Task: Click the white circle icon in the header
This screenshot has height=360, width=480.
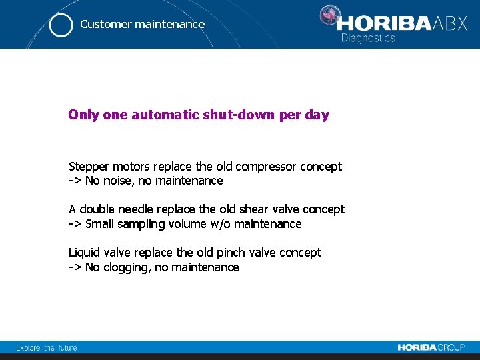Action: pos(61,25)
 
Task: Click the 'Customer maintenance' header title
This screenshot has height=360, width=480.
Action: pos(142,24)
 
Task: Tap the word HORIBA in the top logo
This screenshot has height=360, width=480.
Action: pos(385,24)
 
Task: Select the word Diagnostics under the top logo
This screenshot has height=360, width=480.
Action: pos(368,38)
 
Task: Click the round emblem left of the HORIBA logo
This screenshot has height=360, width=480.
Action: pos(328,15)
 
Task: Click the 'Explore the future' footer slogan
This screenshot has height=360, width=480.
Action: pos(47,347)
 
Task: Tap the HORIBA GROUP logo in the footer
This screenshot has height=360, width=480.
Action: pos(431,347)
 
